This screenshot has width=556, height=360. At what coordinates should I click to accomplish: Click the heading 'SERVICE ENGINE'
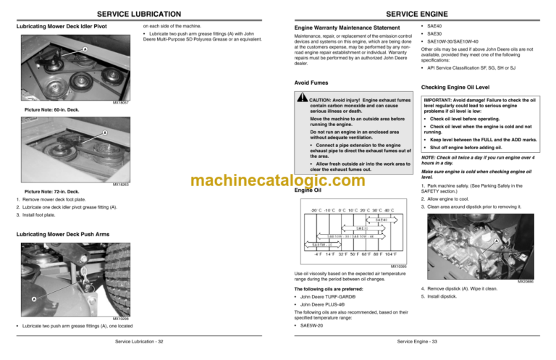coord(416,14)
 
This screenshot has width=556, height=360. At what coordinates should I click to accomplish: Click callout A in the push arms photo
coord(33,298)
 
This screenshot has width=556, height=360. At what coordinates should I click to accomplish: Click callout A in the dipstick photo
coord(494,241)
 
